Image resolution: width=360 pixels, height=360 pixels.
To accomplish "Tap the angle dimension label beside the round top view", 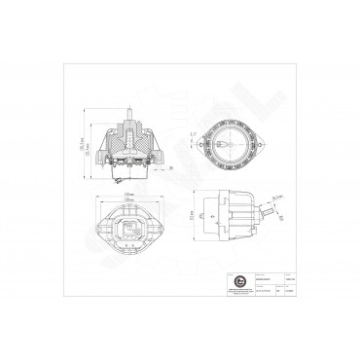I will click(x=194, y=133).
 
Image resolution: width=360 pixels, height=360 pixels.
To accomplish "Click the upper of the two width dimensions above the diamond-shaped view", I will click(x=128, y=194).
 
